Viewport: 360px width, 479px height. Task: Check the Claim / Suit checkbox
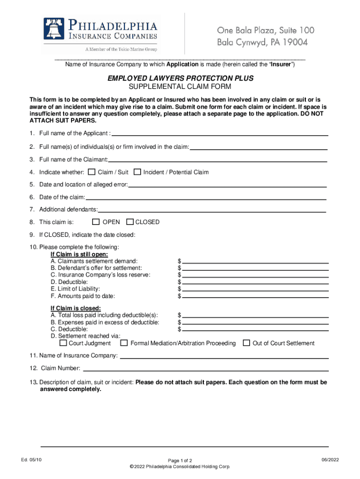click(92, 172)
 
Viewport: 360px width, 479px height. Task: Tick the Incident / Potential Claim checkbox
click(137, 172)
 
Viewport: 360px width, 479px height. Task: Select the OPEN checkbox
click(96, 222)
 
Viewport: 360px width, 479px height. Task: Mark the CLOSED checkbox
click(130, 222)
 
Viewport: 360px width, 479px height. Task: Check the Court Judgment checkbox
click(63, 343)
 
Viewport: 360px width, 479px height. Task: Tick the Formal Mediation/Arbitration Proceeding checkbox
click(124, 343)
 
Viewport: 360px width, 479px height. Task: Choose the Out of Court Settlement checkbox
click(246, 343)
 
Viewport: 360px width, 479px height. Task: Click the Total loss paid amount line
click(255, 317)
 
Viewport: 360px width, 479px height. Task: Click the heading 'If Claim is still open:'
click(79, 254)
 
